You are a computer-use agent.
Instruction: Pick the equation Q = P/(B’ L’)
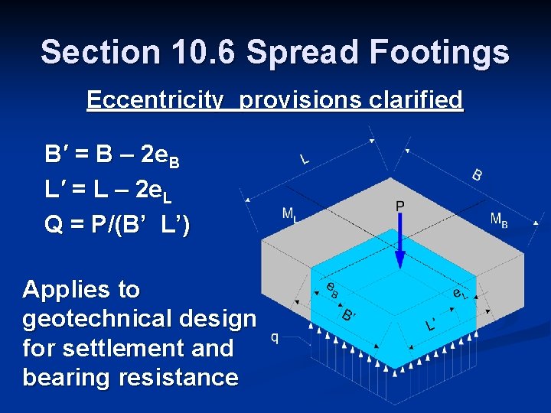pyautogui.click(x=118, y=225)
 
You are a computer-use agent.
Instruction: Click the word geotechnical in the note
pyautogui.click(x=139, y=319)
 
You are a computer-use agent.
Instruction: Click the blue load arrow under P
pyautogui.click(x=399, y=241)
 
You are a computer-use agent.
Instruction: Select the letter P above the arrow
pyautogui.click(x=399, y=206)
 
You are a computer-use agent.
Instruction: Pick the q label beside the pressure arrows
pyautogui.click(x=275, y=337)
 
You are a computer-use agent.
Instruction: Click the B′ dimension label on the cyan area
pyautogui.click(x=349, y=314)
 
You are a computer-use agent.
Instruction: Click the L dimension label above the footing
pyautogui.click(x=304, y=159)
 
